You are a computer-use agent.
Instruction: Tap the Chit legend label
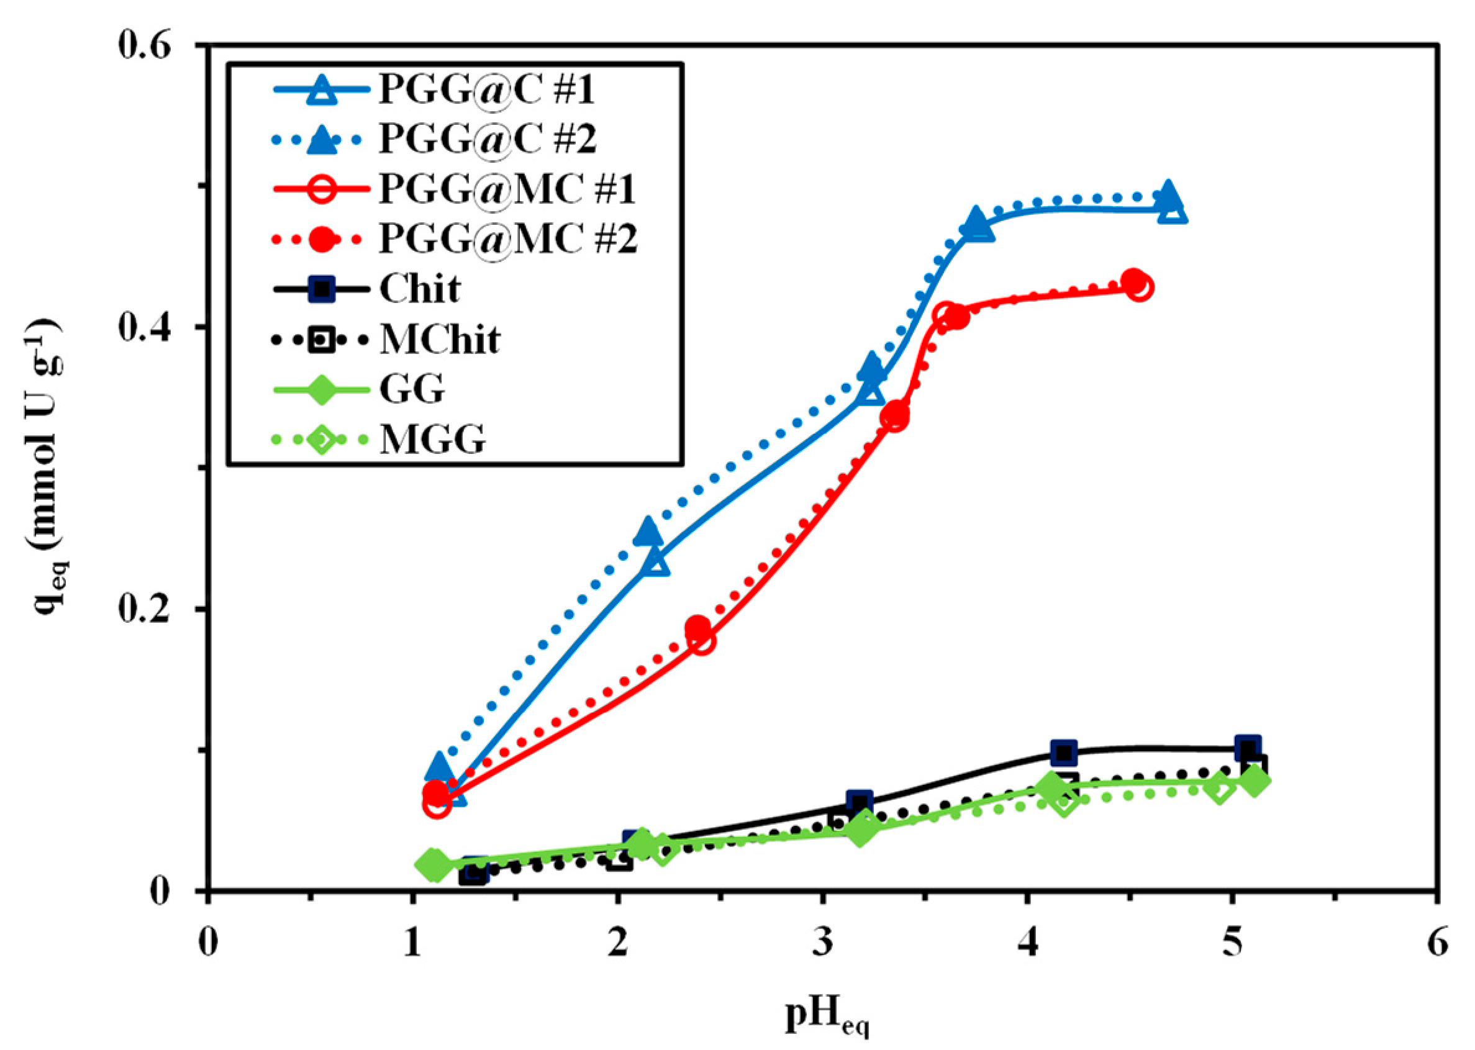click(x=420, y=288)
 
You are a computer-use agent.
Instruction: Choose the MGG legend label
click(x=432, y=440)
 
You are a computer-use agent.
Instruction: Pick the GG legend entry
click(x=412, y=389)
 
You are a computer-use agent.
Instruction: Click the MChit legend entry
click(x=440, y=339)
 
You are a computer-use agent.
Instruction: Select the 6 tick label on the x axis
click(x=1438, y=943)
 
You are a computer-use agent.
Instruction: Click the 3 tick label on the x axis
click(x=822, y=943)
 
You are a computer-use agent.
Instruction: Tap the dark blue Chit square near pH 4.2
click(x=1064, y=753)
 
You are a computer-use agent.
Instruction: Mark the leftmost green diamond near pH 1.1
click(x=434, y=865)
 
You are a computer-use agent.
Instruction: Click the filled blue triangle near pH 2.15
click(x=648, y=532)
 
